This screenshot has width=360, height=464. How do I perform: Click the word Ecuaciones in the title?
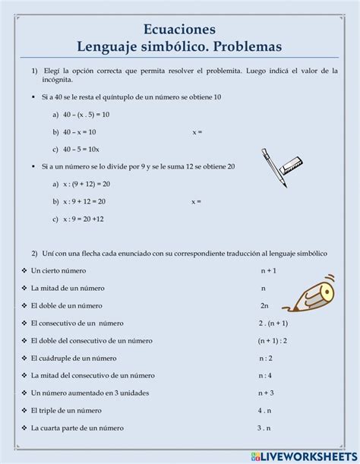pyautogui.click(x=179, y=28)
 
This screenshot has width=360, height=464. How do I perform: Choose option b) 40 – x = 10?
pyautogui.click(x=77, y=131)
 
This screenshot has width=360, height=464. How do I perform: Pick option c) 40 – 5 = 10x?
pyautogui.click(x=81, y=148)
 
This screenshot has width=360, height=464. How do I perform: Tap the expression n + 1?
pyautogui.click(x=266, y=271)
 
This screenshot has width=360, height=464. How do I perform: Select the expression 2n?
pyautogui.click(x=264, y=305)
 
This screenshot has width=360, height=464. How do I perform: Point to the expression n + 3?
pyautogui.click(x=265, y=393)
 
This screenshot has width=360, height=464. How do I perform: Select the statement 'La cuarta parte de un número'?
pyautogui.click(x=78, y=428)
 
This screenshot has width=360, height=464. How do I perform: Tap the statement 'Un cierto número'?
pyautogui.click(x=58, y=271)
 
